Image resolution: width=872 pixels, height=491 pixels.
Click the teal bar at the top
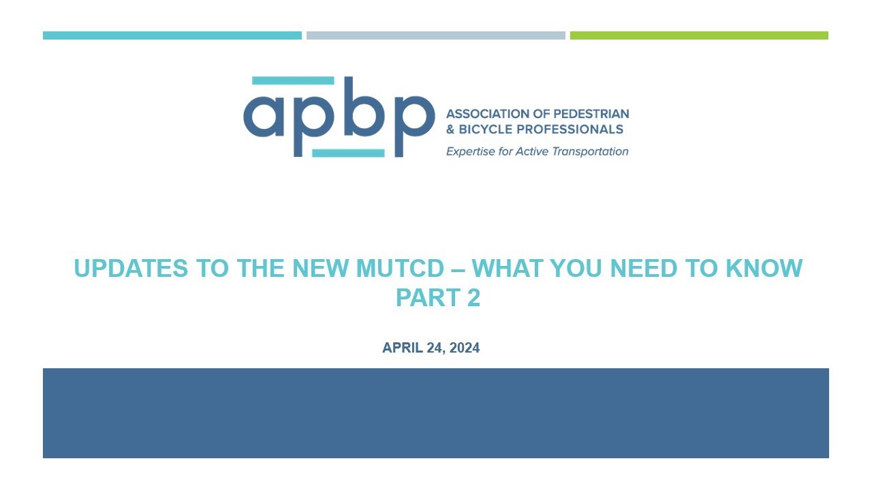[x=172, y=35]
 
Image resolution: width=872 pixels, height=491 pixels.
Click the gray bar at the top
[x=435, y=35]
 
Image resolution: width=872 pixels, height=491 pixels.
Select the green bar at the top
[x=699, y=35]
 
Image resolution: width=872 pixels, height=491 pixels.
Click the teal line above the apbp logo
[x=293, y=80]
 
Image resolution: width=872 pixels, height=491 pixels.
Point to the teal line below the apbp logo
[x=348, y=153]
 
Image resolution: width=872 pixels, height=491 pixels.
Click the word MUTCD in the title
[x=399, y=268]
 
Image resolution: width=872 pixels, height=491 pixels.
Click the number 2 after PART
[x=473, y=298]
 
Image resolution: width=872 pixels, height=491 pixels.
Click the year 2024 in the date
[x=464, y=348]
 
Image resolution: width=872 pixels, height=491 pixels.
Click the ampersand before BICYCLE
[x=450, y=129]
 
